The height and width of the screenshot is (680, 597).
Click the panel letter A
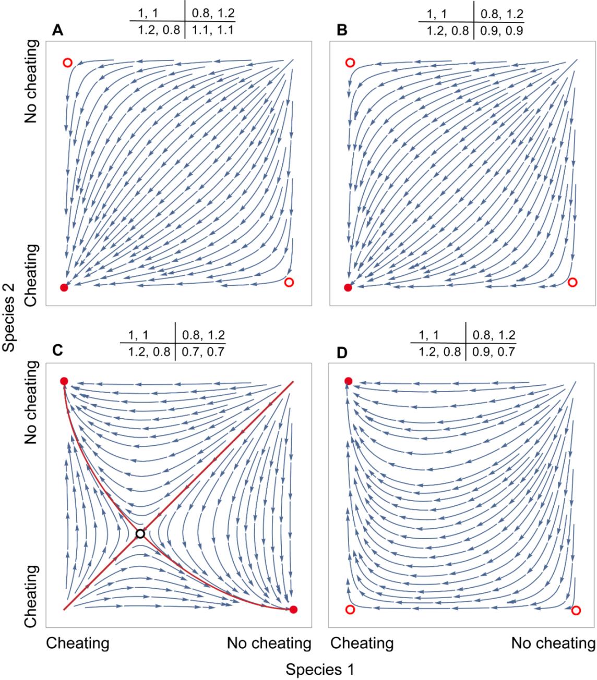(x=58, y=31)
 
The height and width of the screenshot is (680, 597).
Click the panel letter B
(x=342, y=31)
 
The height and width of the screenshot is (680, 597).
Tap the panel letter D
(x=342, y=353)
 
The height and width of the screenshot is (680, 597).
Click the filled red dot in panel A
(x=64, y=287)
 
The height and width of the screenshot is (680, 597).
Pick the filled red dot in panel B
(x=348, y=287)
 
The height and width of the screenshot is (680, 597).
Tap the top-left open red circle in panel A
(x=67, y=63)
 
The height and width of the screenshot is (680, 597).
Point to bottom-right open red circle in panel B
(x=572, y=282)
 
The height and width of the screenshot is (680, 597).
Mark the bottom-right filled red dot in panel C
(x=294, y=610)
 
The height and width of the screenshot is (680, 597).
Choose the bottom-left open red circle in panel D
(x=350, y=610)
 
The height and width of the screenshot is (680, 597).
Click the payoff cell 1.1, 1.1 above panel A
(x=210, y=31)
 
